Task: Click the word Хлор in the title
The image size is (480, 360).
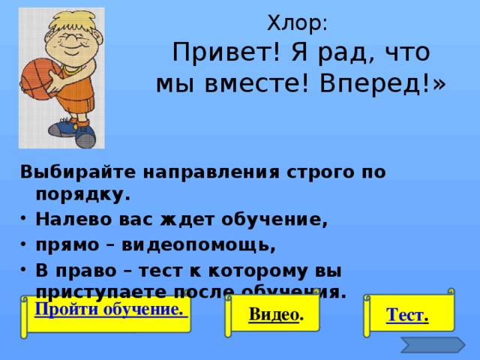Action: pyautogui.click(x=294, y=24)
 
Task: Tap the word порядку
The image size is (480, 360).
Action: pyautogui.click(x=81, y=195)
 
